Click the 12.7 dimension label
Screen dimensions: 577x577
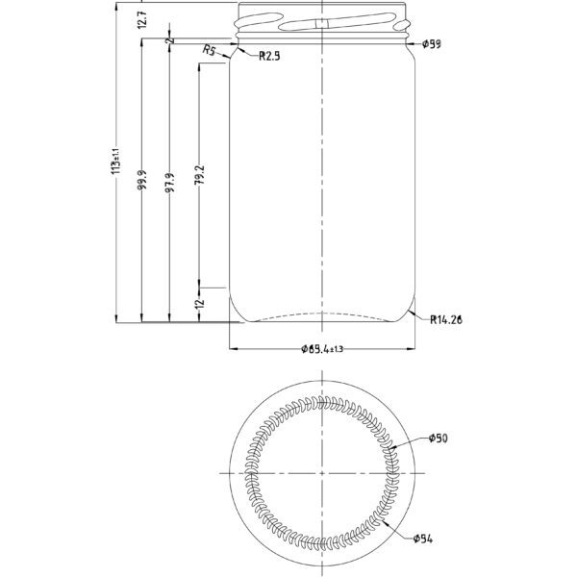[141, 20]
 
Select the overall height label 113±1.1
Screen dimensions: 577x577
[115, 161]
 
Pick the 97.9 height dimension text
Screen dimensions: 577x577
[169, 184]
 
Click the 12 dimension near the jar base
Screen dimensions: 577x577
[199, 304]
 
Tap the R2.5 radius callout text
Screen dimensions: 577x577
[269, 56]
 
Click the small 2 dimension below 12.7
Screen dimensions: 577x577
[169, 41]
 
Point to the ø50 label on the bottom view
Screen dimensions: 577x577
[438, 439]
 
